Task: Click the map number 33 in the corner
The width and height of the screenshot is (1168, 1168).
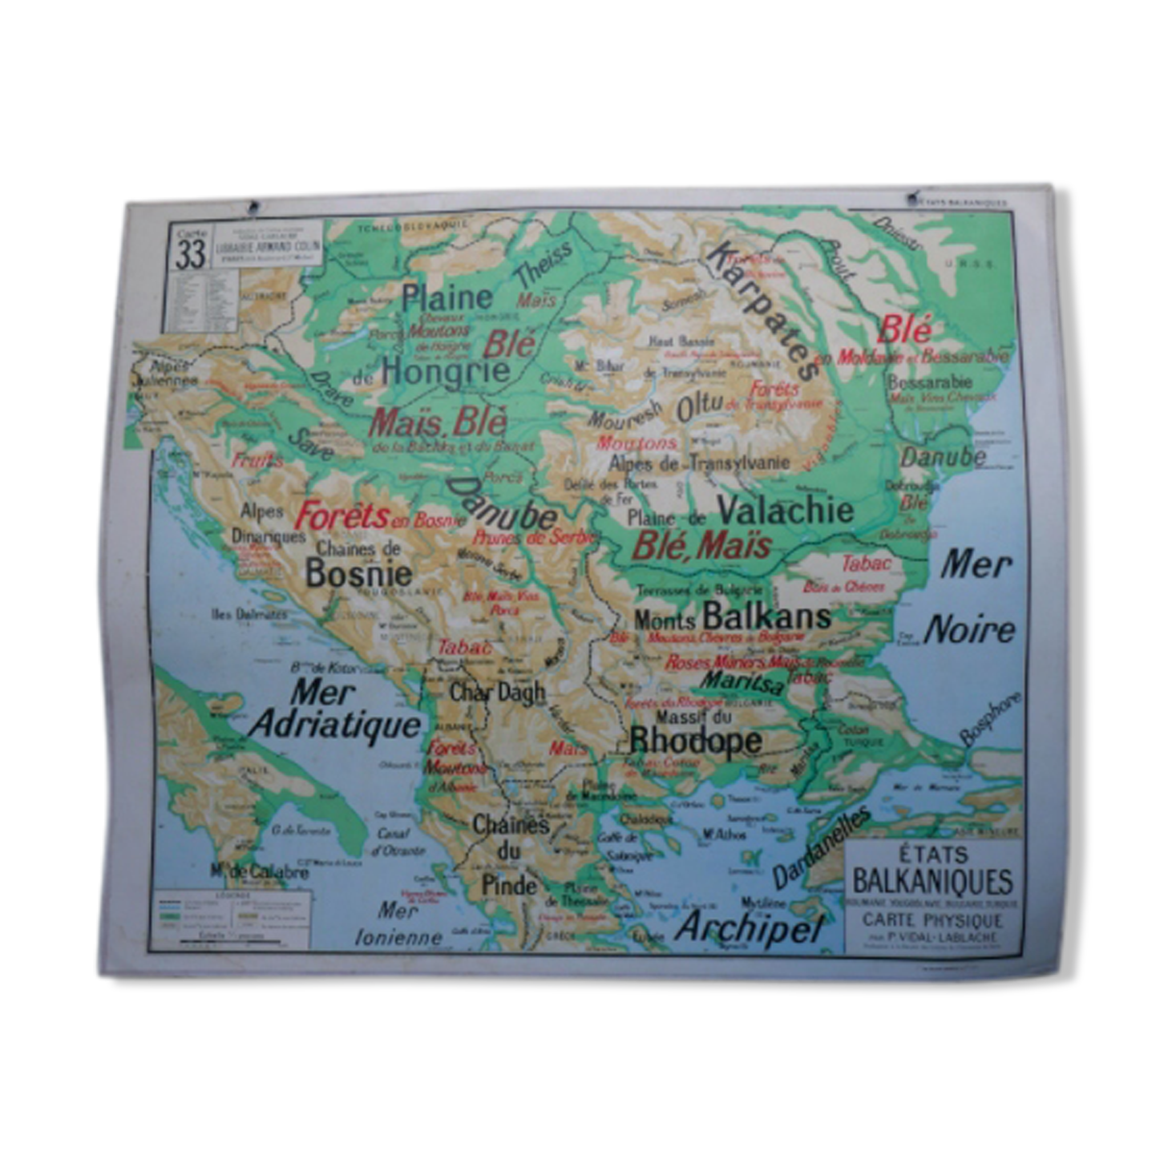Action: (x=192, y=253)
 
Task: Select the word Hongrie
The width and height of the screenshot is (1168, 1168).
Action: (x=445, y=370)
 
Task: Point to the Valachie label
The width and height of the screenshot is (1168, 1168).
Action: (x=785, y=511)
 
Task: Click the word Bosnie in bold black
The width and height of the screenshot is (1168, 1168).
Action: (x=359, y=573)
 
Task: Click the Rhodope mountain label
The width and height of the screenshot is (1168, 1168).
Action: (x=694, y=741)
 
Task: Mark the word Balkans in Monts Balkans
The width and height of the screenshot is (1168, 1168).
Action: (x=766, y=616)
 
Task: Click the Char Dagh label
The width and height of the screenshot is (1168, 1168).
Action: (x=497, y=693)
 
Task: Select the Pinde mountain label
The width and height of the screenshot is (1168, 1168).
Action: (x=508, y=886)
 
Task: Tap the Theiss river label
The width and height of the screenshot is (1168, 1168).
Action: (x=544, y=263)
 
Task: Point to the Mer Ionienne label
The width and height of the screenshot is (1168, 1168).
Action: (x=398, y=924)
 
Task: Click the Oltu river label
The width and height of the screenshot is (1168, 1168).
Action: (x=700, y=407)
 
